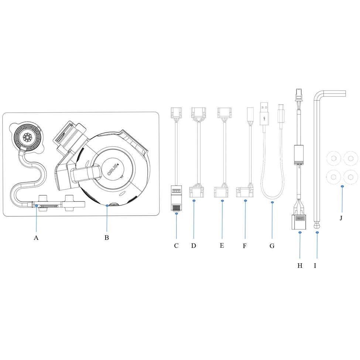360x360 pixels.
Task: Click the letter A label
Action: (x=36, y=238)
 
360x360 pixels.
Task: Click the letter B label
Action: (x=106, y=238)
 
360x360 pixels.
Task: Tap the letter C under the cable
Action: (x=176, y=246)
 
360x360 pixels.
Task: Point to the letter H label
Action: (x=300, y=265)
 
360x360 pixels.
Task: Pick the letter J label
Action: (x=341, y=218)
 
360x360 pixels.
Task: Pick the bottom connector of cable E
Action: (x=222, y=191)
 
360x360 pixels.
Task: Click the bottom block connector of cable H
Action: (x=300, y=222)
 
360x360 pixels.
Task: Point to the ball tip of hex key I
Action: (x=317, y=224)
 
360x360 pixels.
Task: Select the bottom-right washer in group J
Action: (x=349, y=176)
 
